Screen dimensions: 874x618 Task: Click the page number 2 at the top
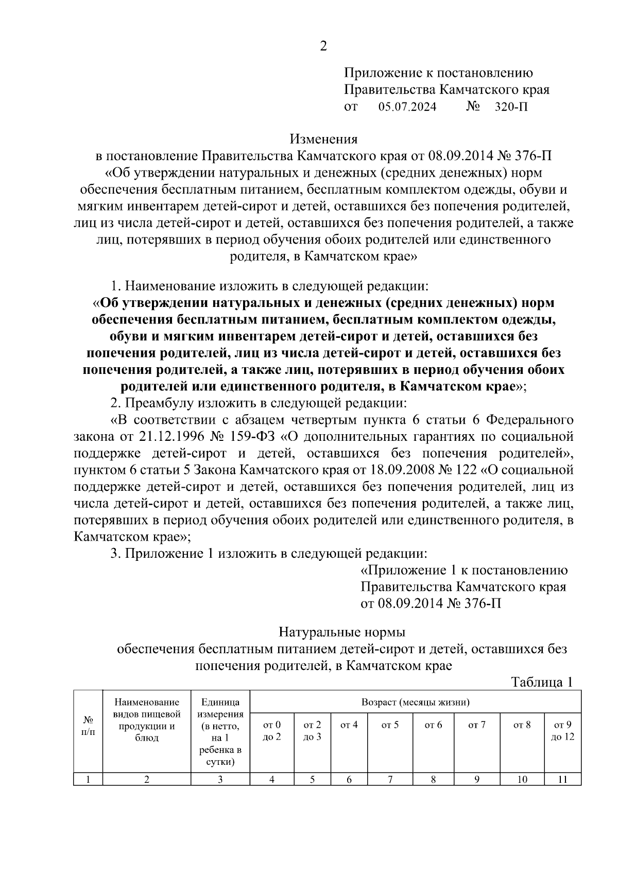(x=323, y=46)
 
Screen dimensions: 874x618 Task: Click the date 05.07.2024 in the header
(x=407, y=107)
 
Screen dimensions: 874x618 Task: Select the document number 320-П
(x=511, y=107)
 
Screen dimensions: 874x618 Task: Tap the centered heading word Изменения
(x=323, y=139)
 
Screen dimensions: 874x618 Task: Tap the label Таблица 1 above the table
(x=542, y=682)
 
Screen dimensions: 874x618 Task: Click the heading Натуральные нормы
(x=342, y=631)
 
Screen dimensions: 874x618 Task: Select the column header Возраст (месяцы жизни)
(x=415, y=701)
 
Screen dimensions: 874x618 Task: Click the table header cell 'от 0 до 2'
(x=272, y=730)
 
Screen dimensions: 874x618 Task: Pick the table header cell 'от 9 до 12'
(x=562, y=730)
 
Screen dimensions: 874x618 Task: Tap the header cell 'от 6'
(x=433, y=725)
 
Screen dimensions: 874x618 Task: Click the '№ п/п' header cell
(x=88, y=725)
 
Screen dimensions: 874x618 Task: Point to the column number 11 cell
(x=562, y=779)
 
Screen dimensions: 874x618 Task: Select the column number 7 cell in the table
(x=390, y=779)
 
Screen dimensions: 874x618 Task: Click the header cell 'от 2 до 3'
(x=312, y=730)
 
